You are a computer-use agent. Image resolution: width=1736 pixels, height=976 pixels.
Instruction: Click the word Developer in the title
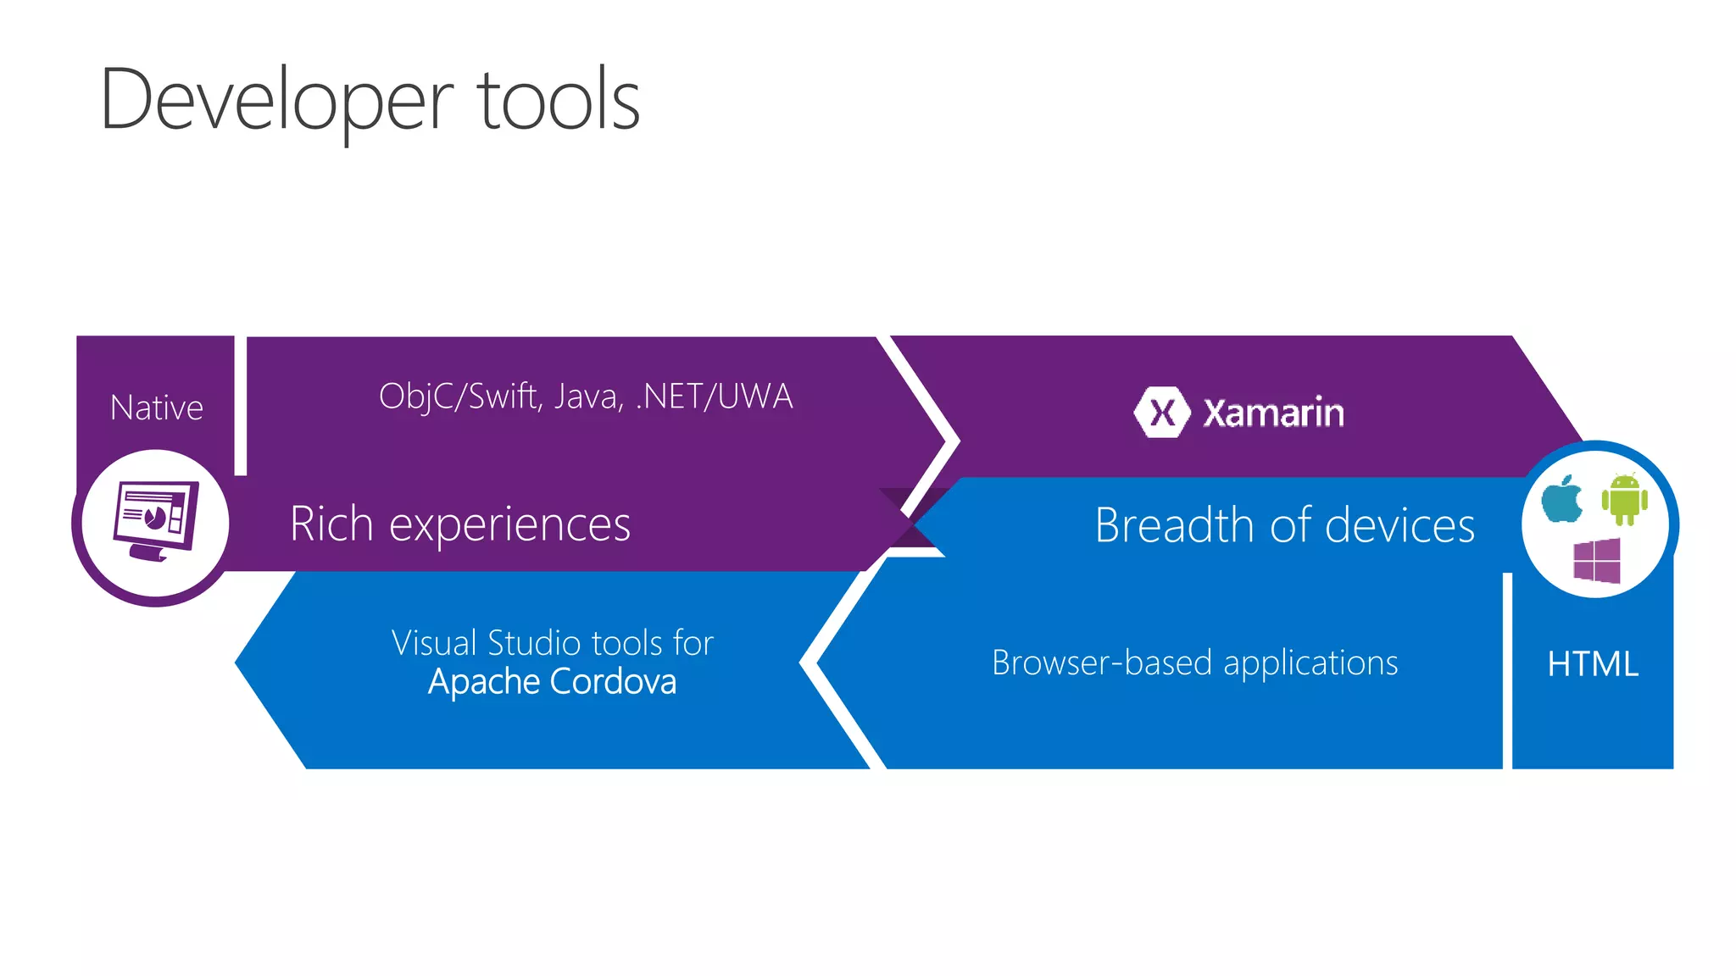(276, 102)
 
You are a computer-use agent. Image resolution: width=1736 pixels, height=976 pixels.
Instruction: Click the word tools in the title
(559, 102)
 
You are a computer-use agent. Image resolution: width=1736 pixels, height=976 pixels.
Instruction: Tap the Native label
(157, 408)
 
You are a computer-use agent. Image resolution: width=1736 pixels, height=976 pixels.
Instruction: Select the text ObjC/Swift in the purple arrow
(458, 396)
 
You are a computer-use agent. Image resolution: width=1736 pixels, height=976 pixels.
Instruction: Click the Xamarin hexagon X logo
(1161, 413)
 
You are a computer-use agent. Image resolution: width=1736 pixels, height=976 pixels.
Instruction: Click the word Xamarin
(1273, 413)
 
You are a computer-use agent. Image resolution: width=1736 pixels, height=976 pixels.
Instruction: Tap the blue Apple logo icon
(1562, 499)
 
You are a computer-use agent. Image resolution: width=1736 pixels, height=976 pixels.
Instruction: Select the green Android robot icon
(1624, 499)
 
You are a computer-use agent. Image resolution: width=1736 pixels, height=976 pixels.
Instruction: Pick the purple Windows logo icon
(1597, 561)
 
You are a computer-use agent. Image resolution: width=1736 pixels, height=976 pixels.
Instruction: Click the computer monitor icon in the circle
(155, 519)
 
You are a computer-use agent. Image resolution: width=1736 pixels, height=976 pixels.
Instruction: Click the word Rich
(331, 524)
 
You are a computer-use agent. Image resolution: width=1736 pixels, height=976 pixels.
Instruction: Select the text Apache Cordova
(552, 682)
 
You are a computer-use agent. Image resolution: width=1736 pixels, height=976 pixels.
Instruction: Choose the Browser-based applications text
(1194, 663)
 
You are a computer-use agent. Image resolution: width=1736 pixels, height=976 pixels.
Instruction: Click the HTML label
(1592, 664)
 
